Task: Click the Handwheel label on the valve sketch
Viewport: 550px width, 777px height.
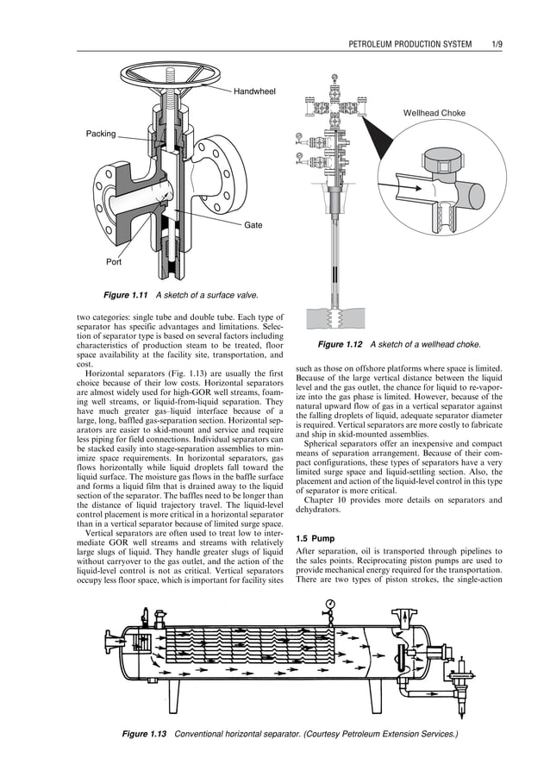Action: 254,91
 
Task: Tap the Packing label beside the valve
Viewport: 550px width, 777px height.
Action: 100,134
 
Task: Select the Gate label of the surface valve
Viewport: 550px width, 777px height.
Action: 253,224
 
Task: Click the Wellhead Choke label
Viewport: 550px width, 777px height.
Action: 434,113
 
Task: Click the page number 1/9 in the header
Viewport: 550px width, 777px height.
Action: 496,43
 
